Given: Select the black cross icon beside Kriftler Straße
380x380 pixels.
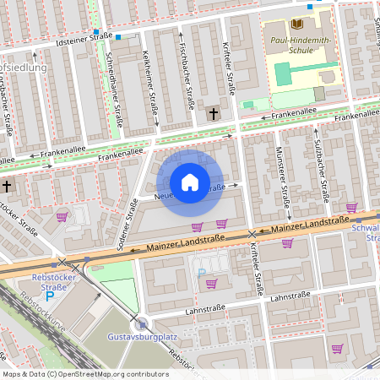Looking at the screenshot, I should tap(214, 112).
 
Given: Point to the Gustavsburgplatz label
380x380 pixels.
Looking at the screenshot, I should tap(140, 338).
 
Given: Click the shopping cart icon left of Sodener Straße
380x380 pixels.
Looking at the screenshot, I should tap(62, 216).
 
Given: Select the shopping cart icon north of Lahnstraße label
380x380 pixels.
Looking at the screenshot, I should tap(211, 283).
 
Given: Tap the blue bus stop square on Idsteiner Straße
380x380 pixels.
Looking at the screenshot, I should tap(119, 37).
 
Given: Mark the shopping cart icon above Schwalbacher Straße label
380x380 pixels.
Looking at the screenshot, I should tap(351, 208).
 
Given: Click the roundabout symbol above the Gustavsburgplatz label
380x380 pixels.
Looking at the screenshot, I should tap(142, 323).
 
